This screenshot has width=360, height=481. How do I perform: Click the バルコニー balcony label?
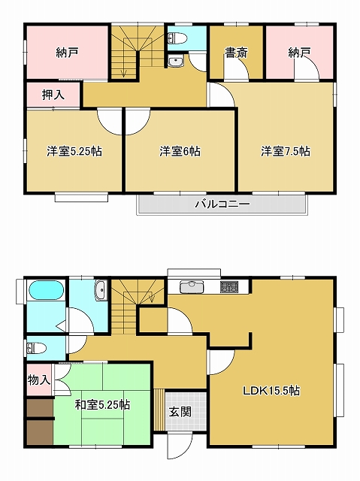222,204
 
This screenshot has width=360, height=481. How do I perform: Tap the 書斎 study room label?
236,53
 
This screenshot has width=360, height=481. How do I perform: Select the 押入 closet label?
53,95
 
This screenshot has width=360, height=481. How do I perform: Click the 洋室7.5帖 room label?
286,151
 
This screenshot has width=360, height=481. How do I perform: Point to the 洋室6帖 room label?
180,151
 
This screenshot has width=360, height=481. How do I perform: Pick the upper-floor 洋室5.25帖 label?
74,151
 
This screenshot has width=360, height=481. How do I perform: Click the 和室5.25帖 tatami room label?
103,404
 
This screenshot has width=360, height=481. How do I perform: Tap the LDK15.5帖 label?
271,391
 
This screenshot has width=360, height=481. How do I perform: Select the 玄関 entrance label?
180,412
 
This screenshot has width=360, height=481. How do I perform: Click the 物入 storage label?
39,380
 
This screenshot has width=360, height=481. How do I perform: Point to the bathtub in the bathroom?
46,290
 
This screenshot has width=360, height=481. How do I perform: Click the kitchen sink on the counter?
192,287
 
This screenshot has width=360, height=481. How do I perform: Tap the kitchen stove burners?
229,287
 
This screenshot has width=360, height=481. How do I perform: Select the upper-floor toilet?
177,38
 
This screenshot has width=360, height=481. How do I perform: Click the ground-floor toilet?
37,349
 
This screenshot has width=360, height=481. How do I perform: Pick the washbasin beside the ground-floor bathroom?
101,291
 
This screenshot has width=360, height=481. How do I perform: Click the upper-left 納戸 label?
67,53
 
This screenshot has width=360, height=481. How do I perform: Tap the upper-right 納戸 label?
299,53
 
